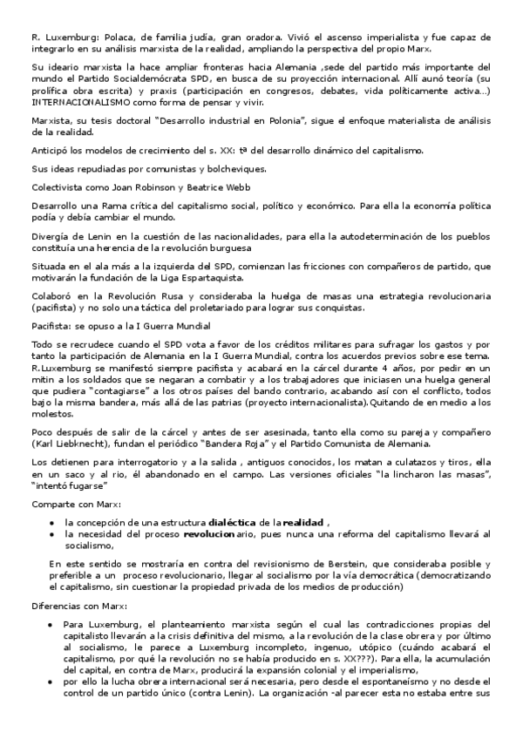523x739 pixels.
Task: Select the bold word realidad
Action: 305,521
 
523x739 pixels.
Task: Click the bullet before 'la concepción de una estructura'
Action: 54,521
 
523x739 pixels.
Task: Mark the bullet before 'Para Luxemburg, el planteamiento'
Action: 54,624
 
